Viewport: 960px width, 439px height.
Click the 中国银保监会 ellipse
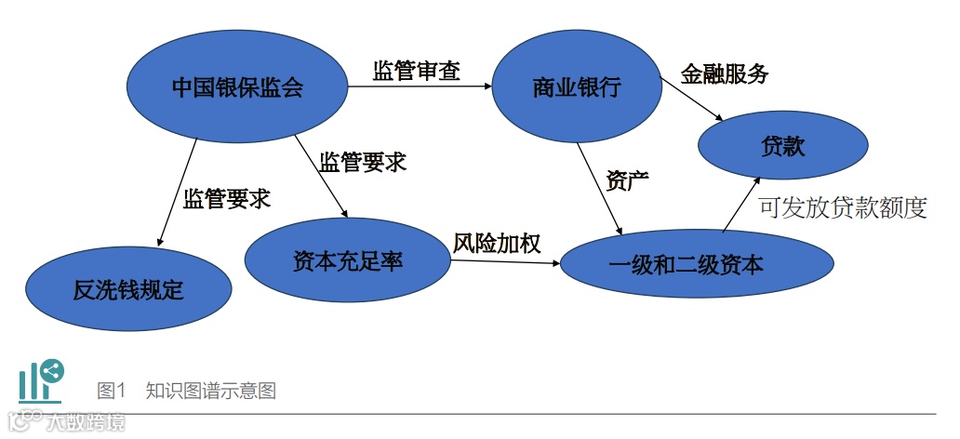[237, 88]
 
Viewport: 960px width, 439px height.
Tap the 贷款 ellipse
[782, 146]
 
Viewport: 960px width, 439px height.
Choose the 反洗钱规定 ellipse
[128, 289]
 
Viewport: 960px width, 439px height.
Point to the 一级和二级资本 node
[686, 265]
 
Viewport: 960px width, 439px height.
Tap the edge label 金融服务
[725, 74]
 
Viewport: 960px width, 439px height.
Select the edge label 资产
[627, 180]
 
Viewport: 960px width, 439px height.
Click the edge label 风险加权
[497, 242]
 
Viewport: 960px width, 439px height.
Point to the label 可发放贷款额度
[843, 206]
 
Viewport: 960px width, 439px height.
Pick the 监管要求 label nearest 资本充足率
[363, 162]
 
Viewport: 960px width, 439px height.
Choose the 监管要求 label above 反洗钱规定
[226, 198]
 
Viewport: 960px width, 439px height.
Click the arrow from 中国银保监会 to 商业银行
[419, 88]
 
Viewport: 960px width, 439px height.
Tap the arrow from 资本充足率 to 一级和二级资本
[506, 263]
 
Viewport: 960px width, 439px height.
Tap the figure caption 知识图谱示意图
[210, 391]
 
